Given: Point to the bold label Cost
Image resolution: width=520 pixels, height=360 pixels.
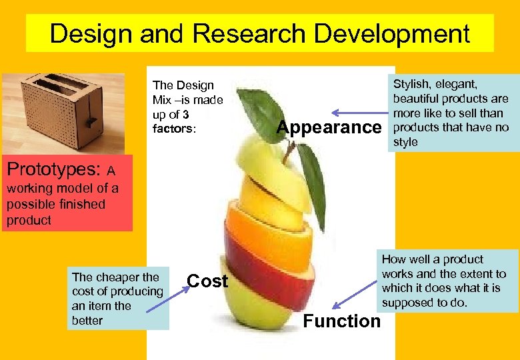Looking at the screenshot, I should point(207,281).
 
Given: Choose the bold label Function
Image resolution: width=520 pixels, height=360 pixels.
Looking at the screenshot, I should point(341,321).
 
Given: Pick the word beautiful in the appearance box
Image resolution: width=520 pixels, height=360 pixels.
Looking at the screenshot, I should point(417,99).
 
